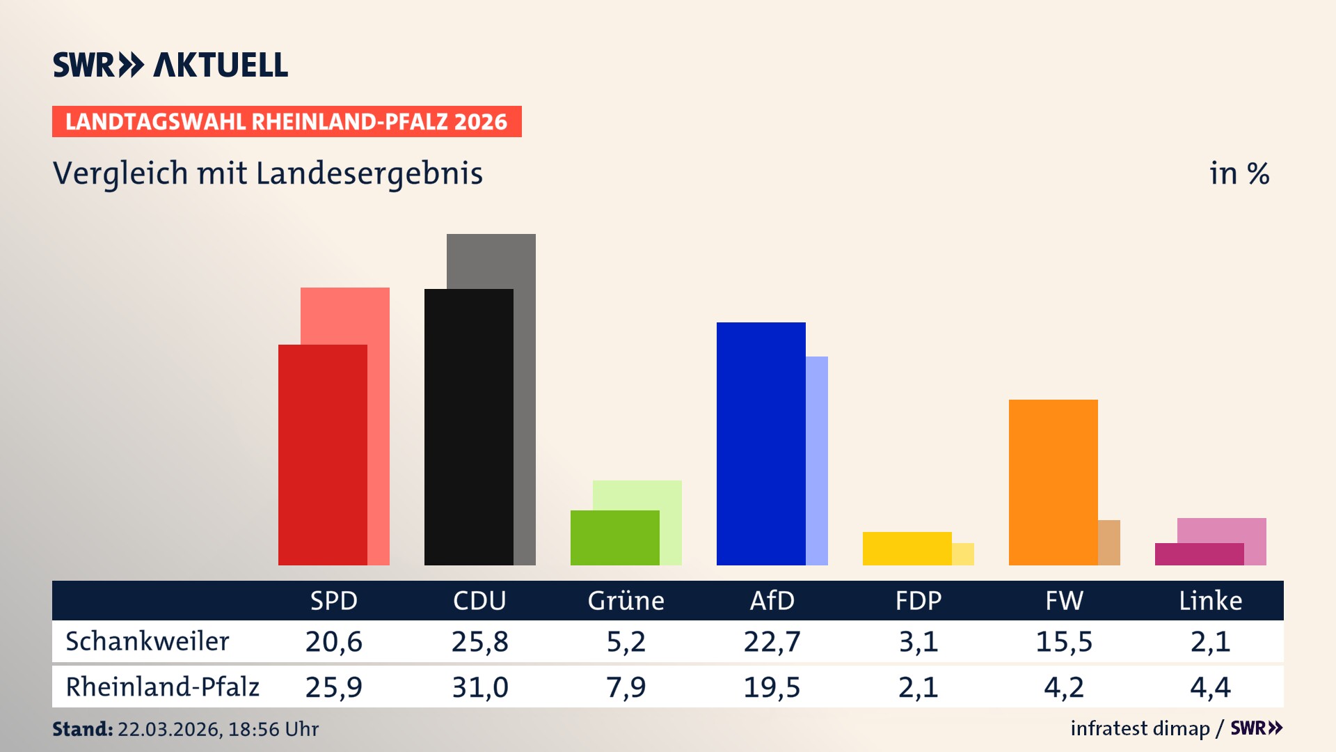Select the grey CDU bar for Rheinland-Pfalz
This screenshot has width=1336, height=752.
click(x=525, y=397)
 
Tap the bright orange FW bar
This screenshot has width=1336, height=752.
click(x=1053, y=482)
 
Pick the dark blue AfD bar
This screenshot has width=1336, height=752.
click(x=761, y=444)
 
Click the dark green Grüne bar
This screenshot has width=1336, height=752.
click(x=614, y=538)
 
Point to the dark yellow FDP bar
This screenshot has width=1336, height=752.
click(x=907, y=549)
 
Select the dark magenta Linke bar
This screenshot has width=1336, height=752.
click(x=1199, y=554)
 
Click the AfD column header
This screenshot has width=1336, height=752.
click(x=772, y=600)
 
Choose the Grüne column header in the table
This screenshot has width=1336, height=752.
click(x=626, y=600)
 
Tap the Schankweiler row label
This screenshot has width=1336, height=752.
click(x=147, y=641)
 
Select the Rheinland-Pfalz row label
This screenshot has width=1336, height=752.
click(x=162, y=687)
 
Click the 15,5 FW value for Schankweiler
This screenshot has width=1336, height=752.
click(x=1064, y=641)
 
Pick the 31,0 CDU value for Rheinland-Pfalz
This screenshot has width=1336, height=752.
click(x=479, y=687)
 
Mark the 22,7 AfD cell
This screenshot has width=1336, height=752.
click(x=772, y=641)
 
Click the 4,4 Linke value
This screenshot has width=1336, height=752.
click(x=1210, y=687)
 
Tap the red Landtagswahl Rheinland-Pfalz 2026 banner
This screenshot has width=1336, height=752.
click(x=287, y=122)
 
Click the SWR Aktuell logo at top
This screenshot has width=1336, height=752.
click(x=170, y=65)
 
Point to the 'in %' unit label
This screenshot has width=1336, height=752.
click(x=1239, y=173)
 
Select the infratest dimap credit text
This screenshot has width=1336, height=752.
click(x=1140, y=728)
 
